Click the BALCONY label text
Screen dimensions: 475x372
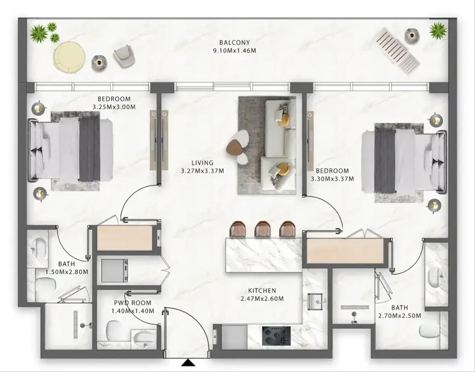[x=234, y=42]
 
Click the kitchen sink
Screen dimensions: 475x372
[x=315, y=302]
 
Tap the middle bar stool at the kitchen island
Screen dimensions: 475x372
[x=263, y=229]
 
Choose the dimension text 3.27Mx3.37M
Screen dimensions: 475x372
[x=202, y=171]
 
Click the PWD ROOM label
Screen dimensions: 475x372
[x=133, y=303]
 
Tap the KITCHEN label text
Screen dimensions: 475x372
[x=262, y=291]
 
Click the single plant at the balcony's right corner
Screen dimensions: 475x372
[x=438, y=31]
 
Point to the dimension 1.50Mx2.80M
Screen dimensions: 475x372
[x=67, y=272]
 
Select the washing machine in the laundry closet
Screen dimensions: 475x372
[x=115, y=271]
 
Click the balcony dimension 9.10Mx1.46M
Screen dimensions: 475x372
[x=234, y=51]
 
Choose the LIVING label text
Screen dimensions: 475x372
[x=202, y=163]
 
